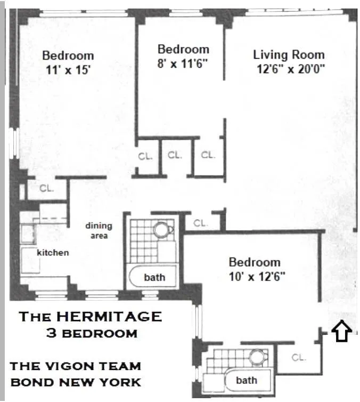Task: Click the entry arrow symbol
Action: (341, 331)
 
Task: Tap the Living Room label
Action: (288, 54)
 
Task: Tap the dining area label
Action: (99, 230)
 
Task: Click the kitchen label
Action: (53, 252)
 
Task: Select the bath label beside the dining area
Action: (154, 277)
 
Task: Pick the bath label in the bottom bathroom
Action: (247, 380)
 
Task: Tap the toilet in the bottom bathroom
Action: (258, 356)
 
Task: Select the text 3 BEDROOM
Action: (91, 333)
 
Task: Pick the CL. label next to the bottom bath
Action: (299, 358)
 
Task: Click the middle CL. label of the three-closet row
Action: (175, 155)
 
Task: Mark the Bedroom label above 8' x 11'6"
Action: (183, 49)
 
